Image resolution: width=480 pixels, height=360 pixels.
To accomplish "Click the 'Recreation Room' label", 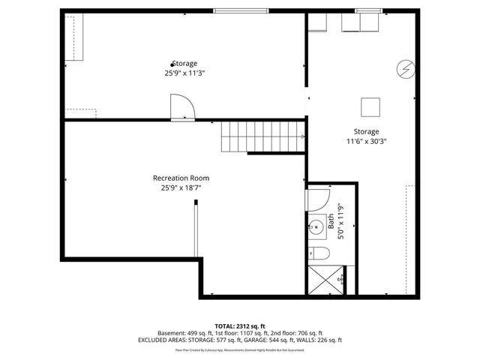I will coord(181,178).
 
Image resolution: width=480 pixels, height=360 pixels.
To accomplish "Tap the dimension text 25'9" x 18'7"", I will coord(181,187).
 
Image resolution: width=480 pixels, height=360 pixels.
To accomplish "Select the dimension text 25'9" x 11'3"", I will coord(184,73).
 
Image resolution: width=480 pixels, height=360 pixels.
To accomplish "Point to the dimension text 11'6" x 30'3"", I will coord(367,141).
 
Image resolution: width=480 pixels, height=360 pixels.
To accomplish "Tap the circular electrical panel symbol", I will coord(405,69).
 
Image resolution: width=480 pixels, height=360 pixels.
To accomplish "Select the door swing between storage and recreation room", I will coord(182,107).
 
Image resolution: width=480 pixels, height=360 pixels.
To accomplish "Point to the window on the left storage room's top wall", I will coord(240,10).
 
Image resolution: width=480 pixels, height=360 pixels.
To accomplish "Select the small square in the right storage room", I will coord(370,107).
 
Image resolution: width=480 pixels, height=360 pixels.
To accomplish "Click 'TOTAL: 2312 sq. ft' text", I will coord(240,325).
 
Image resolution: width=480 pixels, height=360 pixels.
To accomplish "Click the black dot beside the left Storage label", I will coord(172,64).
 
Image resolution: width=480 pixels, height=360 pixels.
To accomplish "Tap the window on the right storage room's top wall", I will coord(367,10).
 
